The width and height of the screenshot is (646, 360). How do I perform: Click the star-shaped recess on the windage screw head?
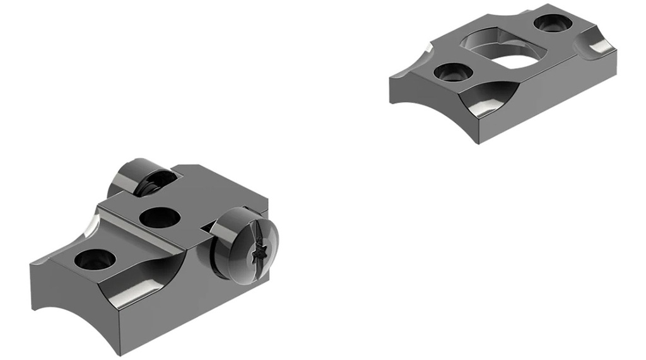258,254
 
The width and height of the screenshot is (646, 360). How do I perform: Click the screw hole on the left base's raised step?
160,217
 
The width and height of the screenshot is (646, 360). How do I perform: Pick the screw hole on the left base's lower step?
95,259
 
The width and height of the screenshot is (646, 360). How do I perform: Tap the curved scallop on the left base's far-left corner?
91,224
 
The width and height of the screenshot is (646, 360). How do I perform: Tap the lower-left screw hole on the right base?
450,73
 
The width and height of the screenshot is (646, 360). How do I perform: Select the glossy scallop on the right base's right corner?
596,45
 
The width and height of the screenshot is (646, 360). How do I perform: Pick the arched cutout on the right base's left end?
413,95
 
